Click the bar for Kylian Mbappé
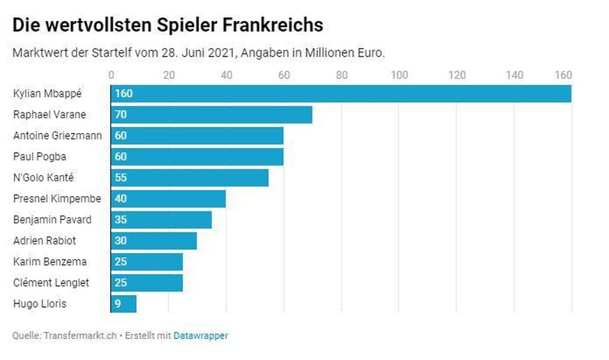340,93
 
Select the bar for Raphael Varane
211,114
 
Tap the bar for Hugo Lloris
123,303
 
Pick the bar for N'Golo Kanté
190,177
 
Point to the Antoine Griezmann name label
57,135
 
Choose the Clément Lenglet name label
51,283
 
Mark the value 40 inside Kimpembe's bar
121,199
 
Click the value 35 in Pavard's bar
121,220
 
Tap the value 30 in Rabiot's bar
121,241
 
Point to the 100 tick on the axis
398,75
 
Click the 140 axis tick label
514,75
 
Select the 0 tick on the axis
112,75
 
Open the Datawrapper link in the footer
201,336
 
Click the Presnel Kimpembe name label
57,199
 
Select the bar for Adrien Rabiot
153,241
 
